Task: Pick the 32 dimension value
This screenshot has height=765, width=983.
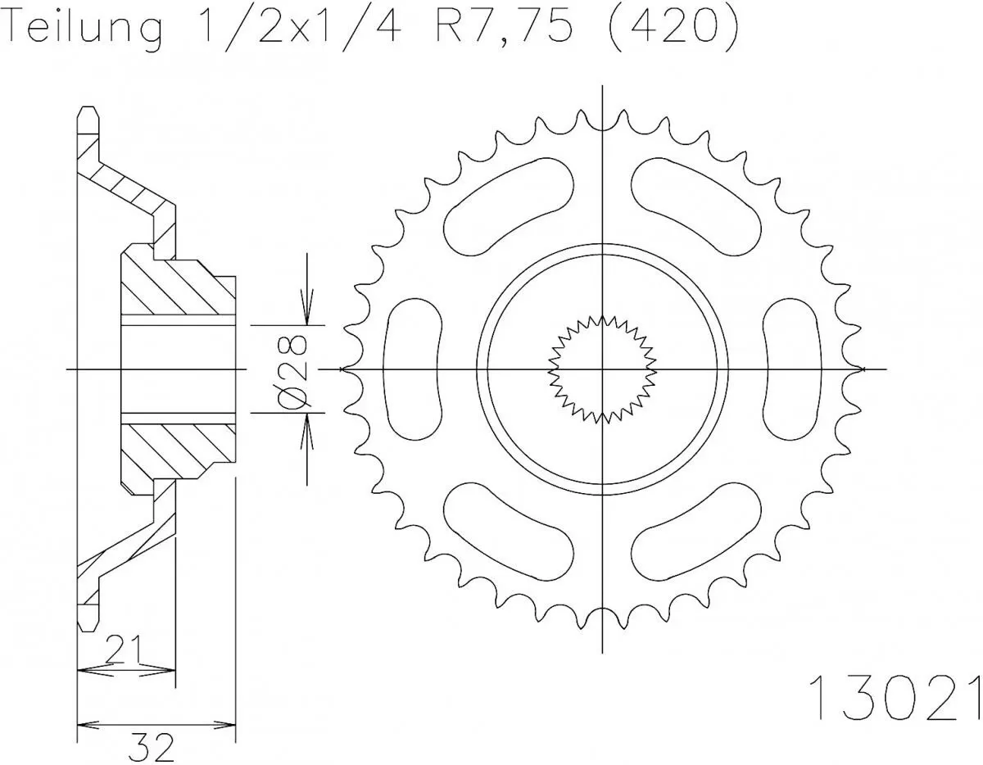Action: click(x=152, y=745)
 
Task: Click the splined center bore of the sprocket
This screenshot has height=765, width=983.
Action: click(x=602, y=369)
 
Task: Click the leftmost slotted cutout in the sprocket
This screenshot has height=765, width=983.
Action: click(x=412, y=369)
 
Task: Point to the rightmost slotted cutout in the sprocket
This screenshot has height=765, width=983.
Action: click(x=792, y=369)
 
